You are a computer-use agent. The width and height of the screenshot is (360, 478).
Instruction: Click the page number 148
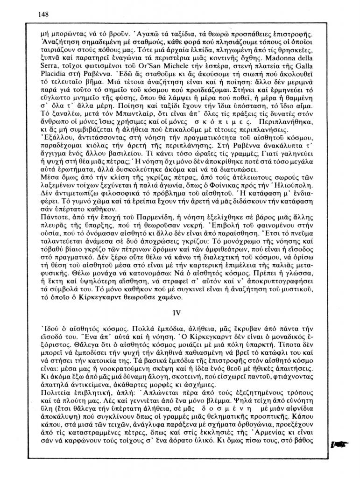43,14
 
